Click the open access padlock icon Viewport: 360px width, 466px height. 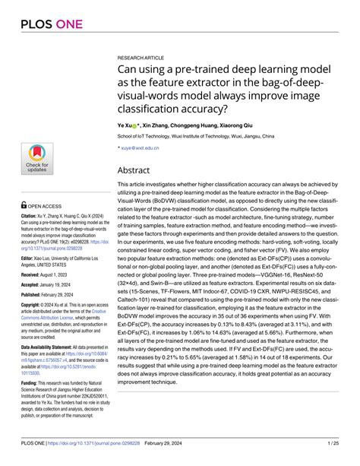coord(24,204)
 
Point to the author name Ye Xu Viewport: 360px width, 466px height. coord(126,124)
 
